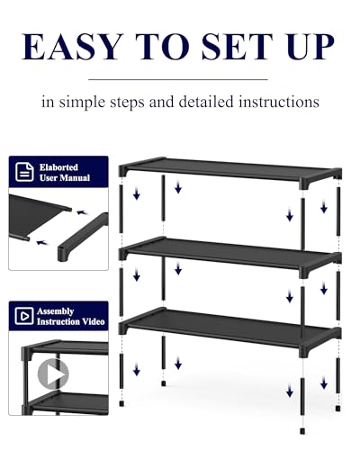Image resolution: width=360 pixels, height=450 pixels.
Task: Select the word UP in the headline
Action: coord(309,46)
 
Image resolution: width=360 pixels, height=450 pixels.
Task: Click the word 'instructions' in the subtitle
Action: coord(268,102)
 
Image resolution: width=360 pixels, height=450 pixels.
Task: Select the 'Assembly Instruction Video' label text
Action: coord(69,316)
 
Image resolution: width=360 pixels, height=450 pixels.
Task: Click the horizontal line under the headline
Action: coord(179,78)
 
